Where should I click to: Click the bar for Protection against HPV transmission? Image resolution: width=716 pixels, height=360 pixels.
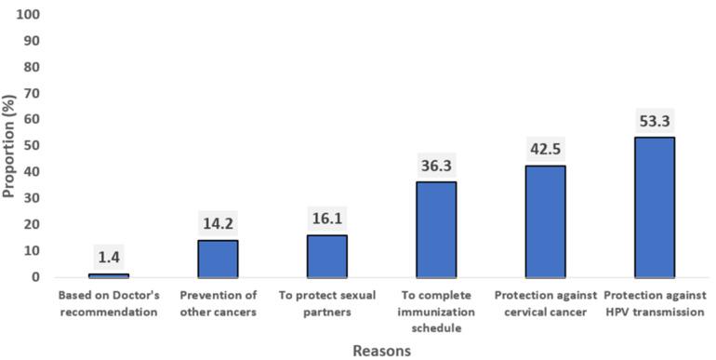[x=654, y=207]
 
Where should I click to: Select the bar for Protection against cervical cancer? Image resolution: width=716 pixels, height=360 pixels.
[x=545, y=221]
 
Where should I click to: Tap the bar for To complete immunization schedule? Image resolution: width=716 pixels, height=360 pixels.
[x=436, y=229]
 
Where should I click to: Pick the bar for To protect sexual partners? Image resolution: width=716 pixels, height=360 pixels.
[x=326, y=256]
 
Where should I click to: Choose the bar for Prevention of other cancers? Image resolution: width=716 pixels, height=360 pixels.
[x=218, y=259]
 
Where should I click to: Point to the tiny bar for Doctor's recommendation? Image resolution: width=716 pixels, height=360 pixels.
[x=109, y=275]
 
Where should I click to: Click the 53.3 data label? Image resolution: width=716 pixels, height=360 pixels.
[x=654, y=119]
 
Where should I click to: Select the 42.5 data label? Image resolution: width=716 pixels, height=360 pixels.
[x=545, y=148]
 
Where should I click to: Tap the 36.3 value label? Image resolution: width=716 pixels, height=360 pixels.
[x=436, y=164]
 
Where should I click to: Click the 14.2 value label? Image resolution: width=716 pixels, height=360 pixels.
[x=218, y=222]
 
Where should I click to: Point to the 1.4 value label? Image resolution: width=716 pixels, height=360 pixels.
[x=109, y=256]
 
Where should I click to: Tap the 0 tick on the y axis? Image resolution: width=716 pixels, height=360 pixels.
[x=36, y=277]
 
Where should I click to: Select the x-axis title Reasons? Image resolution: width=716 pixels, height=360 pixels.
[x=381, y=351]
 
